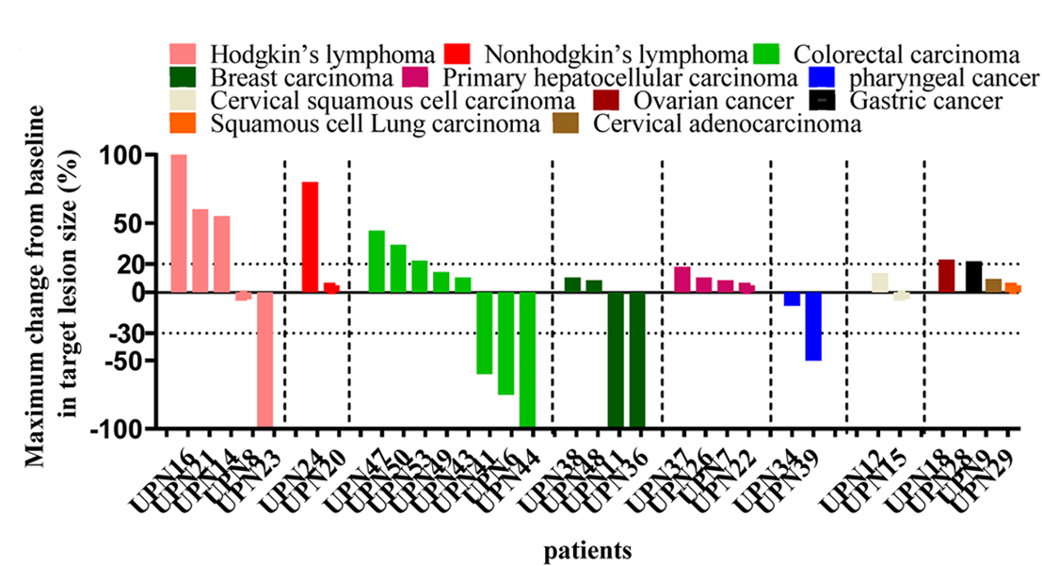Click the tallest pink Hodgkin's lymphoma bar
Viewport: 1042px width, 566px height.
(x=178, y=223)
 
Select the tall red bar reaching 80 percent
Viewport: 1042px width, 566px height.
(x=310, y=236)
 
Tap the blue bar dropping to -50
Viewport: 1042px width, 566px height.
(x=813, y=326)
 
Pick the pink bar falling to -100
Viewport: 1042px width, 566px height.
(x=265, y=360)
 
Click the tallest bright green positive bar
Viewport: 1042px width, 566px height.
(x=377, y=261)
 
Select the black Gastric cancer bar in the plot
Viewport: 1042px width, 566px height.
(x=973, y=277)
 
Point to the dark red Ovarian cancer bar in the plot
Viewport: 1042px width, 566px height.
(x=946, y=276)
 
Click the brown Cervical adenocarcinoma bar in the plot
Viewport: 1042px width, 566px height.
(x=993, y=285)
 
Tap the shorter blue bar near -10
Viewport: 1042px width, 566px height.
(x=792, y=299)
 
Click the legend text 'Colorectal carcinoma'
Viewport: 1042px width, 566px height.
(x=906, y=53)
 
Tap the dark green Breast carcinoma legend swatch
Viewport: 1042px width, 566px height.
(x=183, y=76)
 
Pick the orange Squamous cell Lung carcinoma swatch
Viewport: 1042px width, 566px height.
(x=183, y=123)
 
